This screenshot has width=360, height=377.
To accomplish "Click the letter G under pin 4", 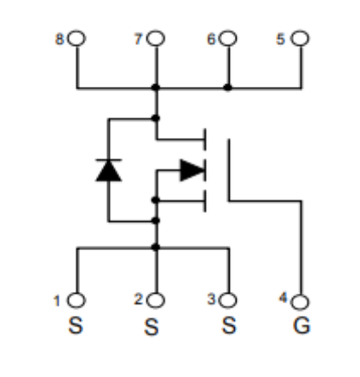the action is point(301,326).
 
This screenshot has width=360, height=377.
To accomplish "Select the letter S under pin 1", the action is point(76,325).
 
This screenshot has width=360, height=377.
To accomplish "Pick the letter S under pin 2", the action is point(151,327).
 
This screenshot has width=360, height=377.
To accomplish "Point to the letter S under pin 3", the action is point(229,325).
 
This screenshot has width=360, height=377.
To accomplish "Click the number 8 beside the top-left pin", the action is point(59,39).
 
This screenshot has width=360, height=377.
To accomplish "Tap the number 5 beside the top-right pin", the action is point(280,39).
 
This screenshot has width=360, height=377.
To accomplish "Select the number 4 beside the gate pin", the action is point(283,298).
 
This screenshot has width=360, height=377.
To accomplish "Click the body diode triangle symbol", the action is point(109,170).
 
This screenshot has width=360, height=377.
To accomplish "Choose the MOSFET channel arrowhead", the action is point(192,170).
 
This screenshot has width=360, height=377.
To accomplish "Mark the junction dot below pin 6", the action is point(227,88).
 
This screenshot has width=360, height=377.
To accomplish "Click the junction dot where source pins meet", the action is point(156,247).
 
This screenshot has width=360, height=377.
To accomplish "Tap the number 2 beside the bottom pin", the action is point(138,299).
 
